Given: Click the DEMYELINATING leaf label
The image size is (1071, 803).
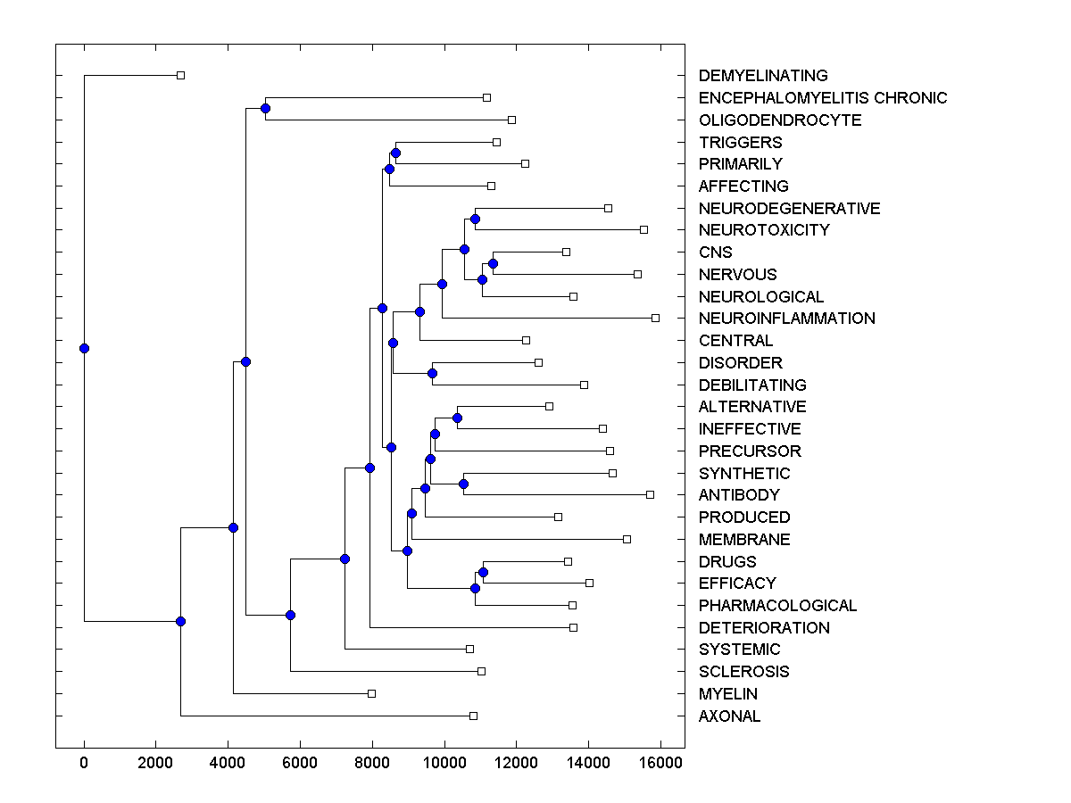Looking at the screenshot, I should (763, 76).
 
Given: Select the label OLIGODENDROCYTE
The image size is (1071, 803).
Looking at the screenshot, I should (780, 120).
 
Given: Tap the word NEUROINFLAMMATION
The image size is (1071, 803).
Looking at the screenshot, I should (786, 319).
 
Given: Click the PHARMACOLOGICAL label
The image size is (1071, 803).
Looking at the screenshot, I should (777, 606).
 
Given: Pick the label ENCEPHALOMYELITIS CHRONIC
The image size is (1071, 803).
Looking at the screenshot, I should (823, 98).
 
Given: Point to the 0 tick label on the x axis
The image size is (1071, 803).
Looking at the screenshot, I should (84, 763).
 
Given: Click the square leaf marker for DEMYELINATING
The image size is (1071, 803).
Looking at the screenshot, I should (180, 75).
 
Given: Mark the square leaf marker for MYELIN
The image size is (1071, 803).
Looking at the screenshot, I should (372, 693).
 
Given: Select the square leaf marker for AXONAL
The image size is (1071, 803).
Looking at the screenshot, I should (473, 716).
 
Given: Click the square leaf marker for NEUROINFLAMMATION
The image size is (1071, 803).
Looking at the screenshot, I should (655, 318).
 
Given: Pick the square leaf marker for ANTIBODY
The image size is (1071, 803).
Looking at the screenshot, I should (650, 494).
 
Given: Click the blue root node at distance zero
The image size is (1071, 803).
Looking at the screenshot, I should (84, 348).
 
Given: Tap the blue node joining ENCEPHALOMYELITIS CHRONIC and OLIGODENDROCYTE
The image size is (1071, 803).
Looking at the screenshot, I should (265, 108).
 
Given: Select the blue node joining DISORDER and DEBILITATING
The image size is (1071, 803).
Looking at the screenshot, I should (432, 373).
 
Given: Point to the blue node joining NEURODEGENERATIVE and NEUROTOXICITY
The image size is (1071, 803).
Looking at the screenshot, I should (476, 219).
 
